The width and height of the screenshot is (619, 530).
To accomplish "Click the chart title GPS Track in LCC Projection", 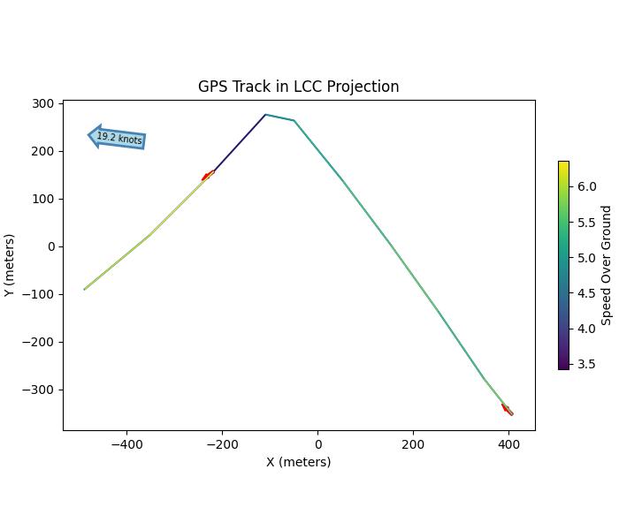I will (298, 87).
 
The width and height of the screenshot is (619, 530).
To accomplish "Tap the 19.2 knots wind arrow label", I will (118, 138).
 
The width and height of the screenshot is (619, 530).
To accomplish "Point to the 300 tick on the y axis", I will (42, 104).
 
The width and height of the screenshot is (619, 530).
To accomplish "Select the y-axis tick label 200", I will (42, 152).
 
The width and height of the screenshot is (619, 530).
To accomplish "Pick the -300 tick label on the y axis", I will (40, 390).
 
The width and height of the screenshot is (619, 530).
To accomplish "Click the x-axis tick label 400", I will (508, 444).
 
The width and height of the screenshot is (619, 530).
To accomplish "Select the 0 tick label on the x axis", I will (318, 444).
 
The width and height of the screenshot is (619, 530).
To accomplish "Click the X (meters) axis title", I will (298, 462).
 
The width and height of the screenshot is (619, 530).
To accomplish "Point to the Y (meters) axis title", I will (10, 265).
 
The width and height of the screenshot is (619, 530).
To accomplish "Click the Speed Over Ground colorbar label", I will (607, 265).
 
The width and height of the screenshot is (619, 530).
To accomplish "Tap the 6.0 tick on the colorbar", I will (587, 187).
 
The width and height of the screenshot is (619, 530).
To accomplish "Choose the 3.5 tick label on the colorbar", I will (587, 364).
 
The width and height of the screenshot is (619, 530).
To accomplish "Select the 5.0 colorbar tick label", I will (587, 258).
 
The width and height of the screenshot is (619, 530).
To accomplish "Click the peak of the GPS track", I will (265, 115).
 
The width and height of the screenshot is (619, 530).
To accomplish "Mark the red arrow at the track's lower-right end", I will (507, 409).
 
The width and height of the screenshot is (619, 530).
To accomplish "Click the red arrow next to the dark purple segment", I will (208, 176).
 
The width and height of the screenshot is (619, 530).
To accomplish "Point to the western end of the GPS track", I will (85, 289).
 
